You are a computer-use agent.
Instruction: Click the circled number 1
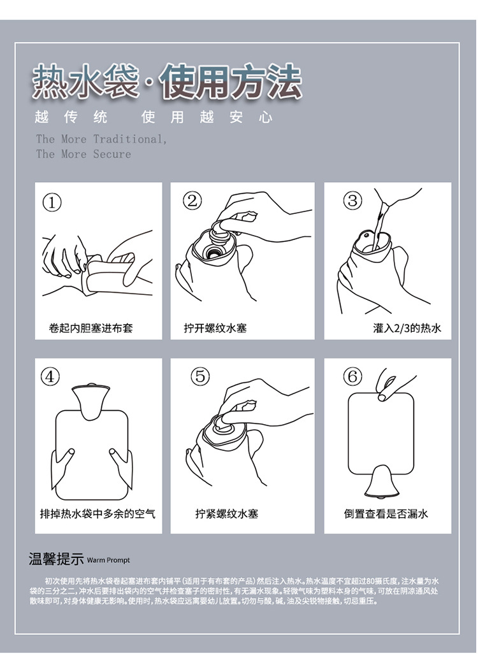(52, 203)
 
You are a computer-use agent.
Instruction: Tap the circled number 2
(192, 201)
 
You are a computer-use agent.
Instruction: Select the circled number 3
(352, 201)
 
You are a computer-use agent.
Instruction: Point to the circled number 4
(50, 376)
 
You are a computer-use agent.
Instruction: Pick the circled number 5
(200, 376)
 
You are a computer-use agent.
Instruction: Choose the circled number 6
(352, 376)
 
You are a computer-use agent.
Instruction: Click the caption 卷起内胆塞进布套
(91, 328)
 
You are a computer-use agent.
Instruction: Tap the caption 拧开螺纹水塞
(215, 328)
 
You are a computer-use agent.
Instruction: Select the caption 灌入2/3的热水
(407, 328)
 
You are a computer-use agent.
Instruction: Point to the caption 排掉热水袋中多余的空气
(98, 513)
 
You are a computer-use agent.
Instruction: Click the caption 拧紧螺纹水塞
(227, 513)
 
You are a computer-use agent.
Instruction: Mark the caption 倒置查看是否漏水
(386, 513)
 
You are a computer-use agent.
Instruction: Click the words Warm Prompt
(108, 560)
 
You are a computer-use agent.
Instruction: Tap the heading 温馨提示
(56, 558)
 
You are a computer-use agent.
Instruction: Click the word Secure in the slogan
(112, 154)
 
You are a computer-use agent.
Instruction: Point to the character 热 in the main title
(50, 82)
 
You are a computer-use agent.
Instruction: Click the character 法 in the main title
(284, 82)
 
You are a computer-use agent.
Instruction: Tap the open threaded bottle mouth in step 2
(214, 252)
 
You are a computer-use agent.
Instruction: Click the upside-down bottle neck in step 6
(381, 481)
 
